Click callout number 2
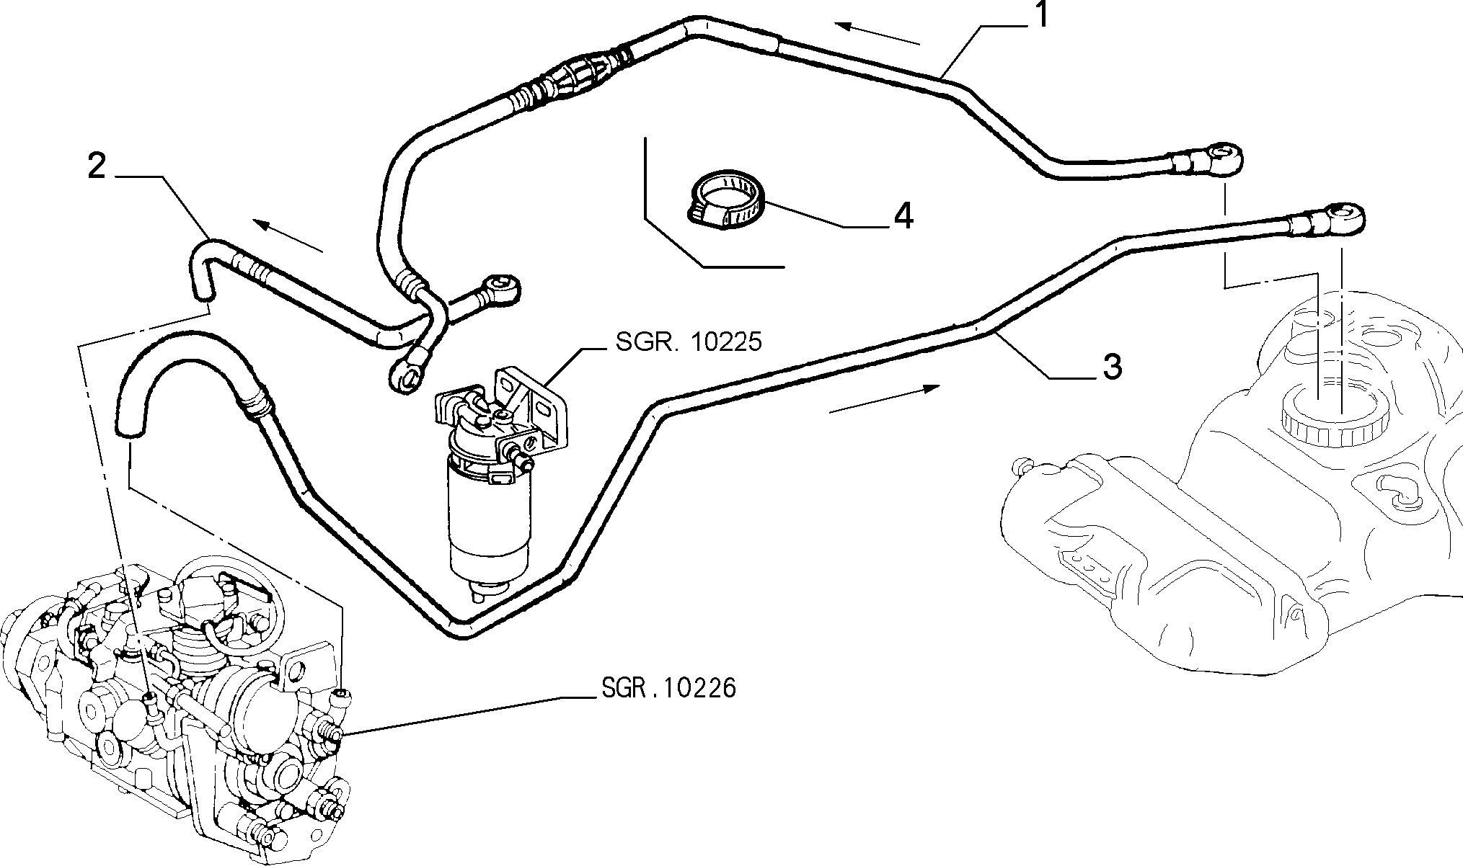point(97,166)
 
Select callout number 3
point(1113,367)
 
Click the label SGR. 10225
point(689,342)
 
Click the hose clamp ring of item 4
point(725,198)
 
